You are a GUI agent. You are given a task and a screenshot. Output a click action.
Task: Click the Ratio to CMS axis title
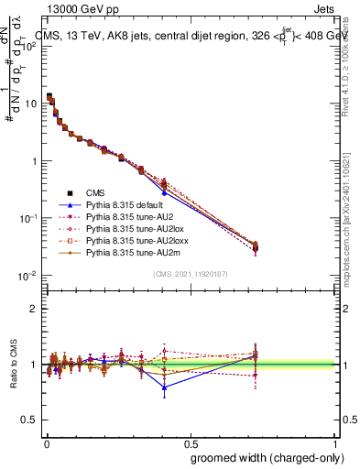pyautogui.click(x=14, y=365)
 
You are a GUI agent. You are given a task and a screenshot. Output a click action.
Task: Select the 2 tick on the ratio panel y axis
pyautogui.click(x=32, y=309)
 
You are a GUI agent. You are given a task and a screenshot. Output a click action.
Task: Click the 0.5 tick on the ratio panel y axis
pyautogui.click(x=28, y=420)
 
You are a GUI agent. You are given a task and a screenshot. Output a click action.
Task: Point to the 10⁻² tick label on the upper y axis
pyautogui.click(x=27, y=276)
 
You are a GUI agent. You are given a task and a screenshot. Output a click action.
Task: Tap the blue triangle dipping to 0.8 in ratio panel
pyautogui.click(x=164, y=387)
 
